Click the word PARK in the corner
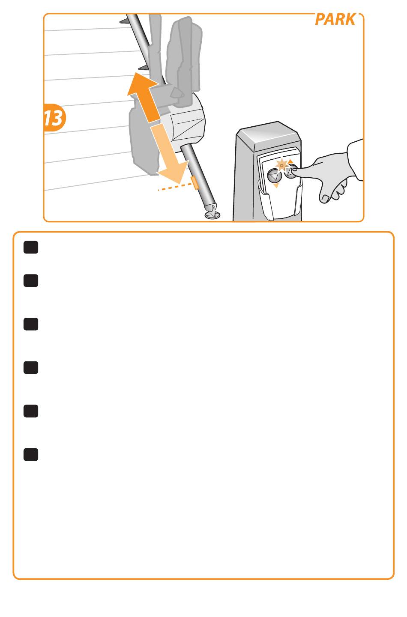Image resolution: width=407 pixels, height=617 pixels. [335, 19]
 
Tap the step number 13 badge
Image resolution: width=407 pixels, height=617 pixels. [54, 118]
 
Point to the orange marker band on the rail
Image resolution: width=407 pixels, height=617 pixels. [195, 183]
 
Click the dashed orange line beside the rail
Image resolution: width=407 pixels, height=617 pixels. [175, 187]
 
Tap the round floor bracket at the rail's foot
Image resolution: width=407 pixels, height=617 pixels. [212, 214]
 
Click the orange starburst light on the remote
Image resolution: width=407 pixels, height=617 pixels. [281, 165]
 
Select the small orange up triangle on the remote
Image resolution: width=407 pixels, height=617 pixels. [290, 161]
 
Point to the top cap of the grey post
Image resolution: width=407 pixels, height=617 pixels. [269, 136]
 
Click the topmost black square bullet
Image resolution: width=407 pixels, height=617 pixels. [31, 247]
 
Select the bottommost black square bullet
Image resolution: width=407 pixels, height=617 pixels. [31, 454]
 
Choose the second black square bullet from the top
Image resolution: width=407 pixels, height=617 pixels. [31, 280]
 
